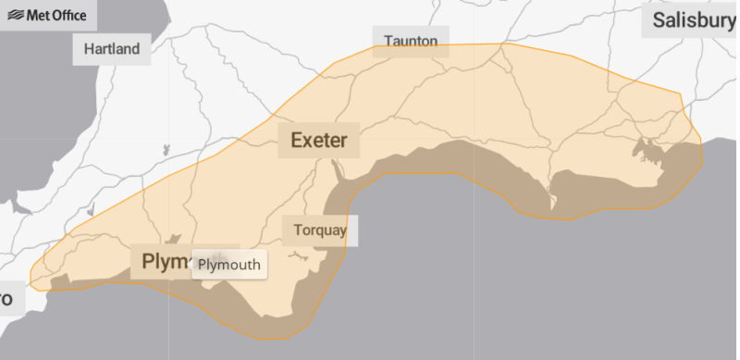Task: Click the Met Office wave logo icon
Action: click(16, 15)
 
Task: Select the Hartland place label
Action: click(112, 49)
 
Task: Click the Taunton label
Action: click(411, 41)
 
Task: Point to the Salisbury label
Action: click(693, 20)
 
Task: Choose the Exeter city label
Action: click(318, 141)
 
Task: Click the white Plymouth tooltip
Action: click(229, 266)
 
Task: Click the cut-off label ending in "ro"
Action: click(7, 298)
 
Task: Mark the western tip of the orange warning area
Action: click(31, 281)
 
